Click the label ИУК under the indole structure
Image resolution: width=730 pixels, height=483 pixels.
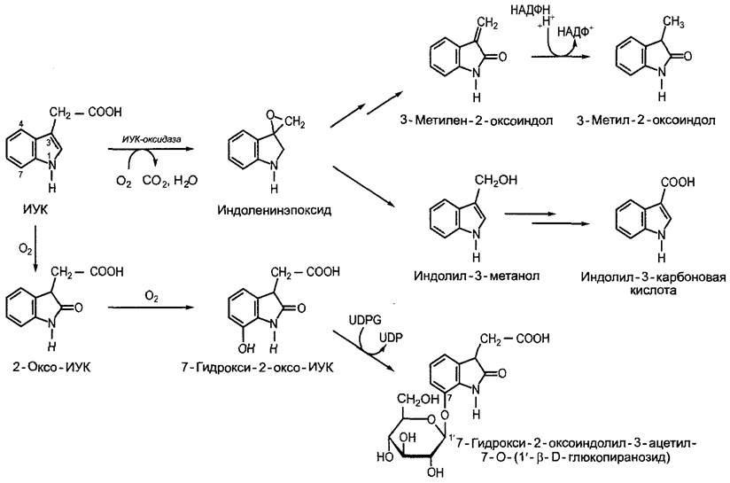point(35,209)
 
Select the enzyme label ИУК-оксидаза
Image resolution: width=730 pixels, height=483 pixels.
point(151,139)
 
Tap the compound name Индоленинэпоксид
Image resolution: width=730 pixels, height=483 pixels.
point(275,210)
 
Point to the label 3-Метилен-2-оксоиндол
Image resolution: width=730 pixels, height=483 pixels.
point(477,121)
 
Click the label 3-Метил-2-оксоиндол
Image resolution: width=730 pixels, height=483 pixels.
point(646,121)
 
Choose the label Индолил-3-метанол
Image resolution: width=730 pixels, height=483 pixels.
point(477,276)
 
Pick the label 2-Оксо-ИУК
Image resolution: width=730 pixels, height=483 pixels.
point(51,367)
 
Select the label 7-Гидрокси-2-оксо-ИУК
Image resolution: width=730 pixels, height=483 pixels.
point(258,368)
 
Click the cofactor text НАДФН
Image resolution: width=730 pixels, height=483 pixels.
point(530,11)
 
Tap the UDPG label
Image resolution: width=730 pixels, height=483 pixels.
point(364,320)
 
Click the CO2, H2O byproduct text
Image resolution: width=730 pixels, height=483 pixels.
point(170,181)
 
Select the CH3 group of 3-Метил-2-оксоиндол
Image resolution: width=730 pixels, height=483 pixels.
point(672,22)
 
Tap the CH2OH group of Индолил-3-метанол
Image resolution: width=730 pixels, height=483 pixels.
point(496,180)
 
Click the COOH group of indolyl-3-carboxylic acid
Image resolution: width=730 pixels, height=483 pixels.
point(678,182)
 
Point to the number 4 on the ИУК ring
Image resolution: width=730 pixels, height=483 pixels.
point(21,124)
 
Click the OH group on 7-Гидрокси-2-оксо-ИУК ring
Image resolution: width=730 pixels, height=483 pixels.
point(246,348)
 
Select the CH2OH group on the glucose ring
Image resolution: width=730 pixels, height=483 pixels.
point(417,399)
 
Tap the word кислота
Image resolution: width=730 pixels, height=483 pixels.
point(652,290)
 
